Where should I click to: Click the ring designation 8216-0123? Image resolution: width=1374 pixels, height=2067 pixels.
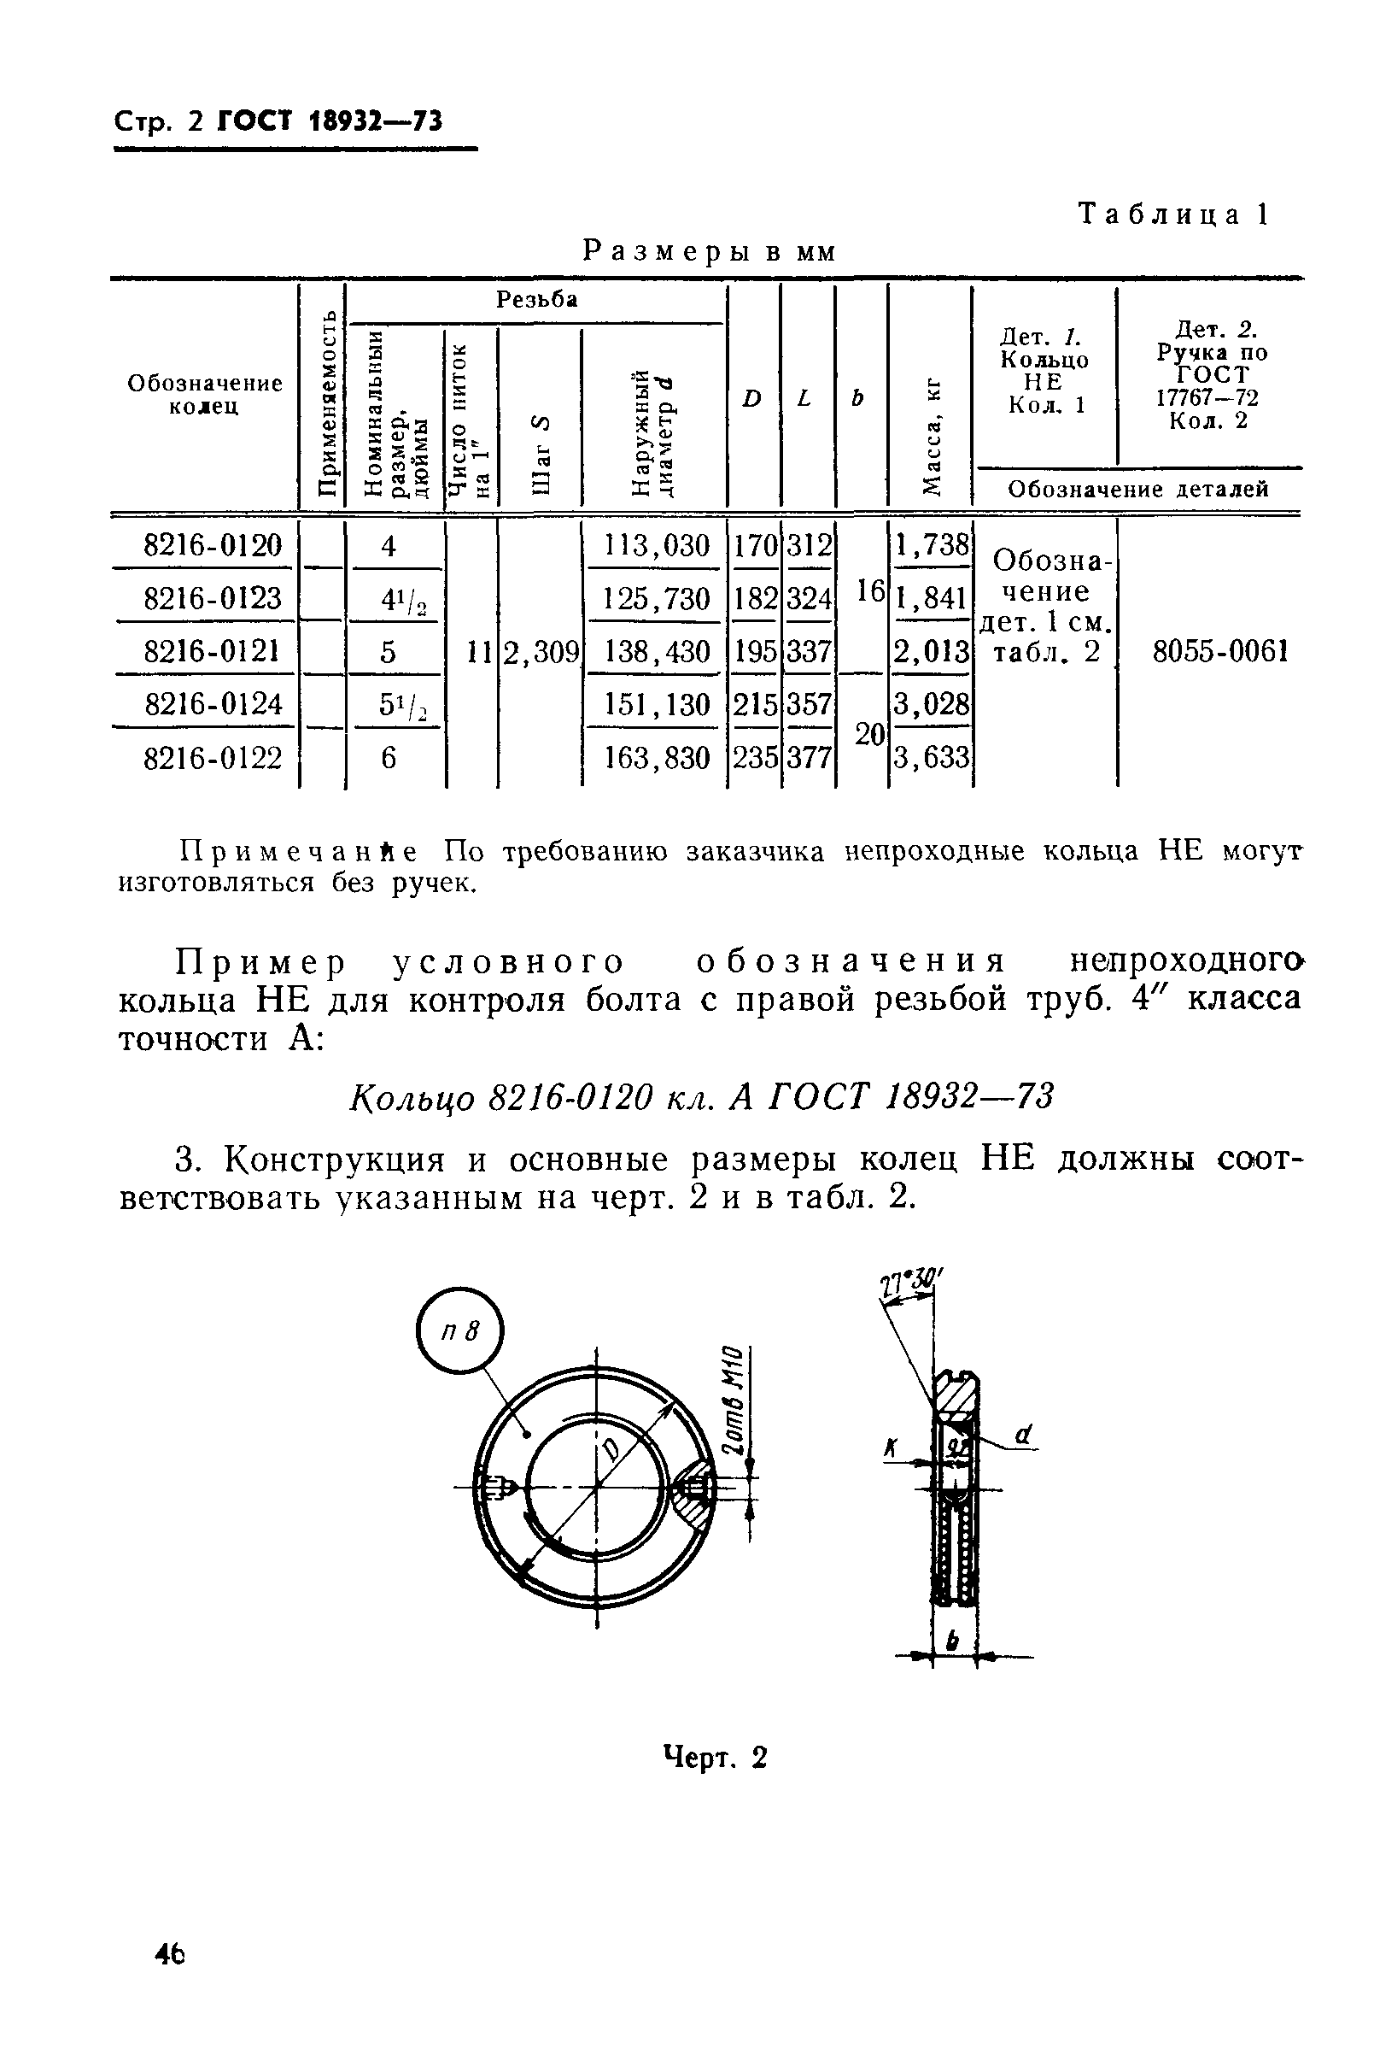pos(213,598)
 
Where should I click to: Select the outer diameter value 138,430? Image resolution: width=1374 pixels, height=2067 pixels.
pos(657,651)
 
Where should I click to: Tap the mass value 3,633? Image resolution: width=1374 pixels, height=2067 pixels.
pos(932,756)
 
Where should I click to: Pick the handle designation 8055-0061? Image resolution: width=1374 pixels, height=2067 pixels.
pos(1219,651)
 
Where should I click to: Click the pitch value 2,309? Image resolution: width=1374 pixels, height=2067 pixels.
pos(540,651)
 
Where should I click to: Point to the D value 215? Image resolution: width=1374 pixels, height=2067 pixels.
pos(755,704)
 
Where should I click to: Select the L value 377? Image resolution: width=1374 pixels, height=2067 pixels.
pos(808,756)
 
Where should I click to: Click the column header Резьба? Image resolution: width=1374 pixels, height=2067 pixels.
pos(537,300)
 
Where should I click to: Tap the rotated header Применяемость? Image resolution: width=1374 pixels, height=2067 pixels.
pos(325,403)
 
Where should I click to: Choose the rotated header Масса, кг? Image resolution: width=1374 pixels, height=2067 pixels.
pos(933,430)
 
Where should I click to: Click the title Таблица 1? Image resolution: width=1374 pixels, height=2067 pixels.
pos(1173,214)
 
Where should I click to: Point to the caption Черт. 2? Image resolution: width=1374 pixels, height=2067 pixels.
pos(715,1758)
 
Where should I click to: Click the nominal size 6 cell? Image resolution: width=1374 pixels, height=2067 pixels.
pos(389,756)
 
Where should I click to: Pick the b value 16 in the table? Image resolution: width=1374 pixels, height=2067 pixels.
pos(869,591)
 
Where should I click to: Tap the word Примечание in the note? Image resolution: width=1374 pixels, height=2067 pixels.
pos(297,850)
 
